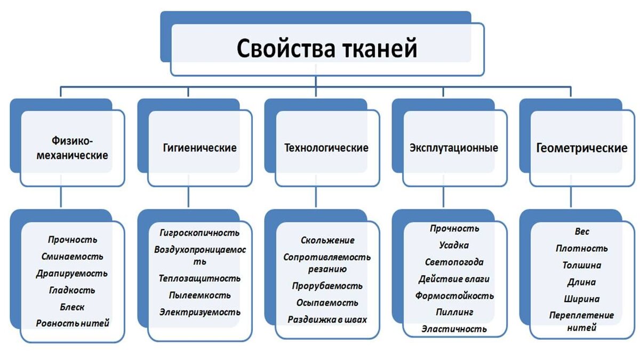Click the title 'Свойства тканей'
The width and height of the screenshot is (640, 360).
[327, 49]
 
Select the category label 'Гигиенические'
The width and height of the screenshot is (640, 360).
[199, 148]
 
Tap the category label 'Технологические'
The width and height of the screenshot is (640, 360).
[326, 148]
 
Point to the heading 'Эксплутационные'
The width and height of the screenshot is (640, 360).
[454, 148]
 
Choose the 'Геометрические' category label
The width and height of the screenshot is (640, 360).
[582, 148]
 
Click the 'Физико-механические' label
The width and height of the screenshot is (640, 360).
[73, 148]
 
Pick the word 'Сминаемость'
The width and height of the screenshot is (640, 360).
[73, 257]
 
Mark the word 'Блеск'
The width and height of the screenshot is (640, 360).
[72, 307]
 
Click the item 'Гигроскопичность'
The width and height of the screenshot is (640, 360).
[199, 233]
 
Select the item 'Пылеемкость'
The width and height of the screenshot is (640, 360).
[199, 295]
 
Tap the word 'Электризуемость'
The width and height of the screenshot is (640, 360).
[199, 312]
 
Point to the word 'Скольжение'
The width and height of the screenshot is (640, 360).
[327, 241]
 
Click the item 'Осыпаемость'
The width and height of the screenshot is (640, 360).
[327, 302]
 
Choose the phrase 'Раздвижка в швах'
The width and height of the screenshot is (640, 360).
[327, 319]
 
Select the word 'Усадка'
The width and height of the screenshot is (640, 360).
[454, 245]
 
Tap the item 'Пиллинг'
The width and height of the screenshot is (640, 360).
[454, 313]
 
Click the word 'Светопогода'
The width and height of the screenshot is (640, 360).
[454, 262]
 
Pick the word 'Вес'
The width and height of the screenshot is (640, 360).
[582, 231]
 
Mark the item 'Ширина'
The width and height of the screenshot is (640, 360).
[582, 299]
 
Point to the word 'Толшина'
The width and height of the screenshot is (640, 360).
[582, 265]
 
